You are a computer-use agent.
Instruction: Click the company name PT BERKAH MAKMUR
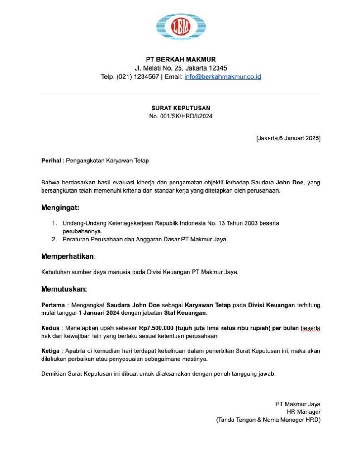click(180, 59)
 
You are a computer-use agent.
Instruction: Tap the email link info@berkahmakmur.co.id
click(223, 76)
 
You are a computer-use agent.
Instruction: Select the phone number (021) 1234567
click(137, 76)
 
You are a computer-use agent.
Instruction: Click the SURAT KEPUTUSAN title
click(180, 108)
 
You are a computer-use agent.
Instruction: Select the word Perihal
click(51, 161)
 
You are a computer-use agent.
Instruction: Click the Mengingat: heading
click(60, 208)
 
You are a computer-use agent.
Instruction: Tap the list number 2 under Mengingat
click(54, 240)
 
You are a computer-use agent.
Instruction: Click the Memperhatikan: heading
click(68, 257)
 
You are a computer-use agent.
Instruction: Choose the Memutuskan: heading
click(64, 289)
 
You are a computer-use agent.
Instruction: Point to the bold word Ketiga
click(50, 351)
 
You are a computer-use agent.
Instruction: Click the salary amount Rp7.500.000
click(155, 328)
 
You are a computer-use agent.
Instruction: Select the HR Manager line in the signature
click(303, 412)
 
